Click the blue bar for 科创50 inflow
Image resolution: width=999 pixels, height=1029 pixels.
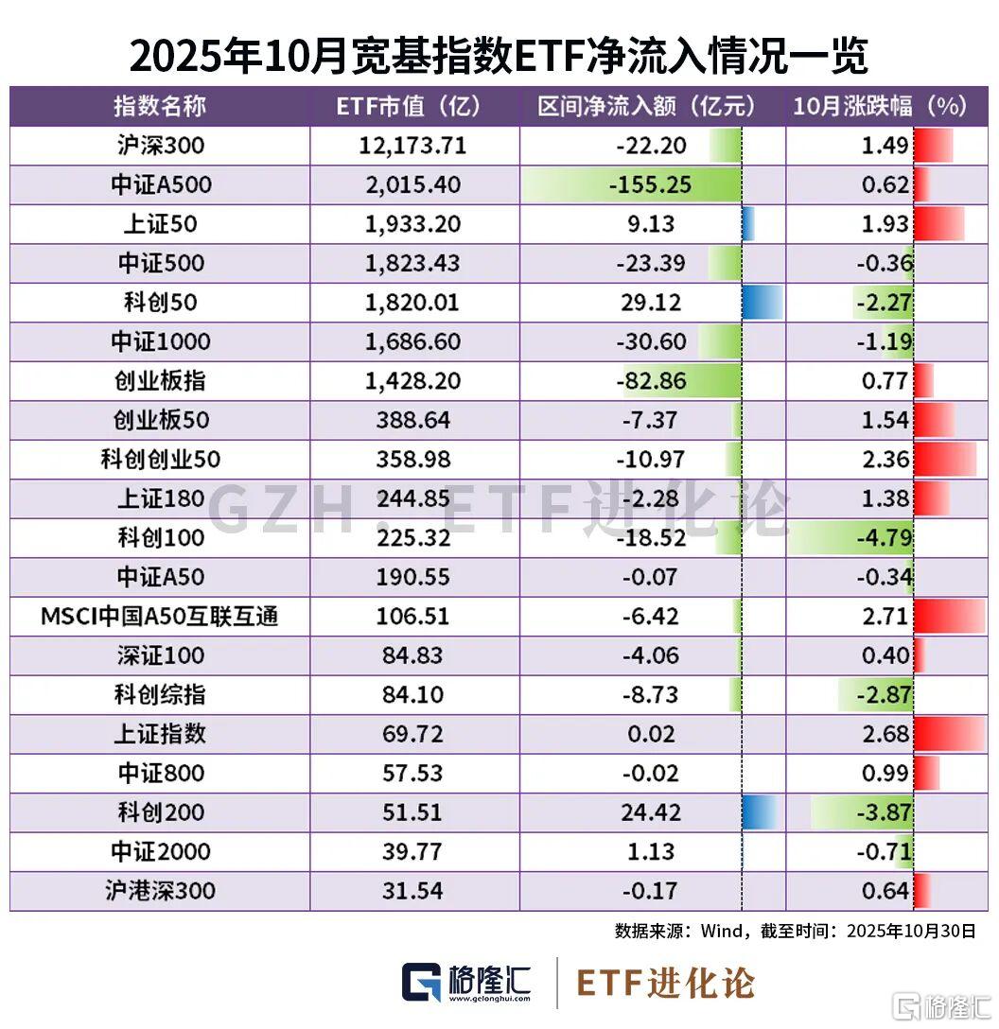click(x=762, y=302)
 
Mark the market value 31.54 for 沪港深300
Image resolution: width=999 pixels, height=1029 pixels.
click(x=413, y=891)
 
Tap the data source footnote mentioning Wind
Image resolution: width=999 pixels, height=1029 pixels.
click(x=795, y=931)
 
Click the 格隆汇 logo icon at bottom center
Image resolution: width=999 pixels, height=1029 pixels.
click(x=423, y=982)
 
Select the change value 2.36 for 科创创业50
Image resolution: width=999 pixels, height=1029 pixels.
click(x=886, y=460)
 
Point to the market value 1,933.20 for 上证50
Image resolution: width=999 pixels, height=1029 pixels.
click(x=412, y=224)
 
